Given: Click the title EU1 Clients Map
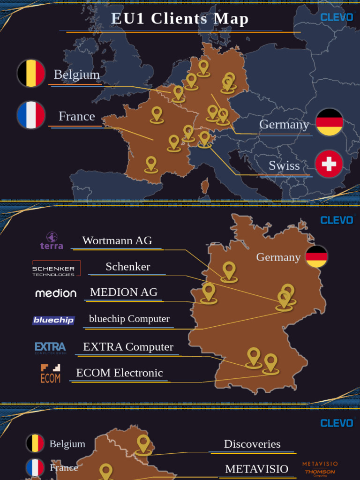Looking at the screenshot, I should click(x=180, y=19).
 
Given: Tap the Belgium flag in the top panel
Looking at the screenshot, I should click(x=31, y=74).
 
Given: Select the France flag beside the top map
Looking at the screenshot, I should click(x=31, y=115).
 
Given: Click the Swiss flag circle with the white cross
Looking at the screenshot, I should click(x=329, y=164).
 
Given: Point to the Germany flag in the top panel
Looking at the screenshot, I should click(x=330, y=122).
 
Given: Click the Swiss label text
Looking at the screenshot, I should click(x=284, y=165).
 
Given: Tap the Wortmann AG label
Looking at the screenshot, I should click(x=117, y=240).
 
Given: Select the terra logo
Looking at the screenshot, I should click(x=52, y=240).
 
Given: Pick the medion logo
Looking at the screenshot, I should click(x=56, y=293).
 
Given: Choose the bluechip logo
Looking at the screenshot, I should click(x=53, y=320).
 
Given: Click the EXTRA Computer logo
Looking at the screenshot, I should click(x=50, y=347).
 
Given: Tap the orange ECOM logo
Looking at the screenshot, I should click(x=50, y=374).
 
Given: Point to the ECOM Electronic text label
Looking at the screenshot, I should click(x=120, y=373).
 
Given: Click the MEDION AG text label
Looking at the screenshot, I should click(x=124, y=292).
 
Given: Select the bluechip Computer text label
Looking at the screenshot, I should click(x=129, y=319).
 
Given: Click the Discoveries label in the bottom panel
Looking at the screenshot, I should click(x=252, y=444).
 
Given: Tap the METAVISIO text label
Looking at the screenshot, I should click(x=256, y=469).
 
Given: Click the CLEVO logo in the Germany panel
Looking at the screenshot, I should click(x=337, y=220).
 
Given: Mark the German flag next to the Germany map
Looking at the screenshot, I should click(x=317, y=257).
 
